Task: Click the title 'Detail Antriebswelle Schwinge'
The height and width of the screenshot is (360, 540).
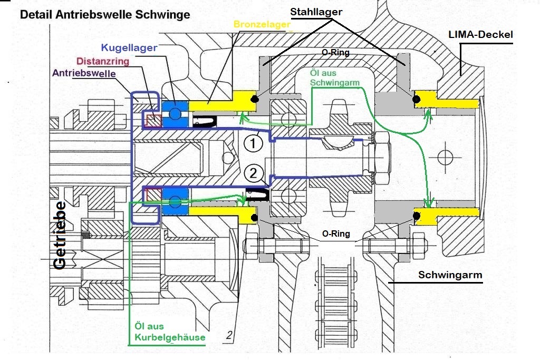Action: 105,14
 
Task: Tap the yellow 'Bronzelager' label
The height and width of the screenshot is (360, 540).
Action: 262,24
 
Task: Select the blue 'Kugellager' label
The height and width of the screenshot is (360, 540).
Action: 130,47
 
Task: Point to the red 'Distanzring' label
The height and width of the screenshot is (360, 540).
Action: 103,61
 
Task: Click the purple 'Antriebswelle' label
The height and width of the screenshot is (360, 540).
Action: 84,73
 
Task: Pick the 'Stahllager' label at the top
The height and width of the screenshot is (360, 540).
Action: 316,12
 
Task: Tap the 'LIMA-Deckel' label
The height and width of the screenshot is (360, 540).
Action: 481,34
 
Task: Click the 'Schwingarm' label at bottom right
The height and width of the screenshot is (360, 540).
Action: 450,275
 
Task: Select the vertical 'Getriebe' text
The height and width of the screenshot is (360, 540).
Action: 60,235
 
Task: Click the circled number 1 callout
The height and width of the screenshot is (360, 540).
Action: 253,143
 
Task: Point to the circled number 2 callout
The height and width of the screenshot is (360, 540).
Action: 253,173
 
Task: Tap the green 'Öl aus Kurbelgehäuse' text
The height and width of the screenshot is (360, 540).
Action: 170,332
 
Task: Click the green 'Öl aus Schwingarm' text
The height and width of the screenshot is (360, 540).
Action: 334,78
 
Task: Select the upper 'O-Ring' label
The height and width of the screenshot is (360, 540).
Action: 335,52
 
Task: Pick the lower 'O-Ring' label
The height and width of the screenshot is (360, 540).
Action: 336,233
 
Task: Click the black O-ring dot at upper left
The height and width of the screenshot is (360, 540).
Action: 255,99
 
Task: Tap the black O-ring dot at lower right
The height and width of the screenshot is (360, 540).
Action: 417,216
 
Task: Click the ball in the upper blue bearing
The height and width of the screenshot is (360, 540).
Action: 175,113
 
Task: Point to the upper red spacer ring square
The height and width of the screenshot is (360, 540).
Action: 154,120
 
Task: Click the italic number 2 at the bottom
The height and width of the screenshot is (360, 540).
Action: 229,335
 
